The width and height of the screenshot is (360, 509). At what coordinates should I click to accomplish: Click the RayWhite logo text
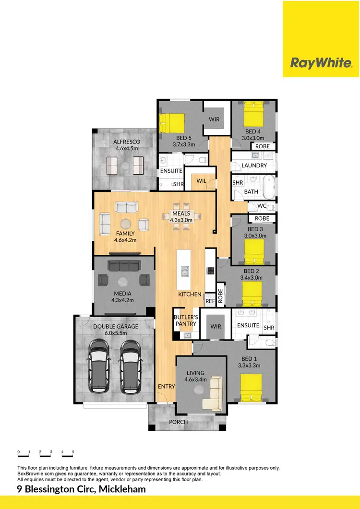321,63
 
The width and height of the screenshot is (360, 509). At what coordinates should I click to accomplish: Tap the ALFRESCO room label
126,142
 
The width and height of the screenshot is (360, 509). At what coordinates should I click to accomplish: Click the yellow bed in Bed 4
253,115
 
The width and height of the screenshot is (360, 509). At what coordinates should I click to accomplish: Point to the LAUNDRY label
254,166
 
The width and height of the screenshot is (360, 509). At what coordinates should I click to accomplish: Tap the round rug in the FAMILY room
126,224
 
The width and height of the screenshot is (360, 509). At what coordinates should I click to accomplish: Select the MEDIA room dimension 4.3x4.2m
122,300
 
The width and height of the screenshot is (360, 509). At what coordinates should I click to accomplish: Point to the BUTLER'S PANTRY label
185,320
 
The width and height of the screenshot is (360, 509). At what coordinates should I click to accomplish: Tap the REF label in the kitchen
210,301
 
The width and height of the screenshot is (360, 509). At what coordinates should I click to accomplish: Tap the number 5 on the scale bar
73,452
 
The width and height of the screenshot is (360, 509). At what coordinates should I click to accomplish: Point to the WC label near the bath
262,206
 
